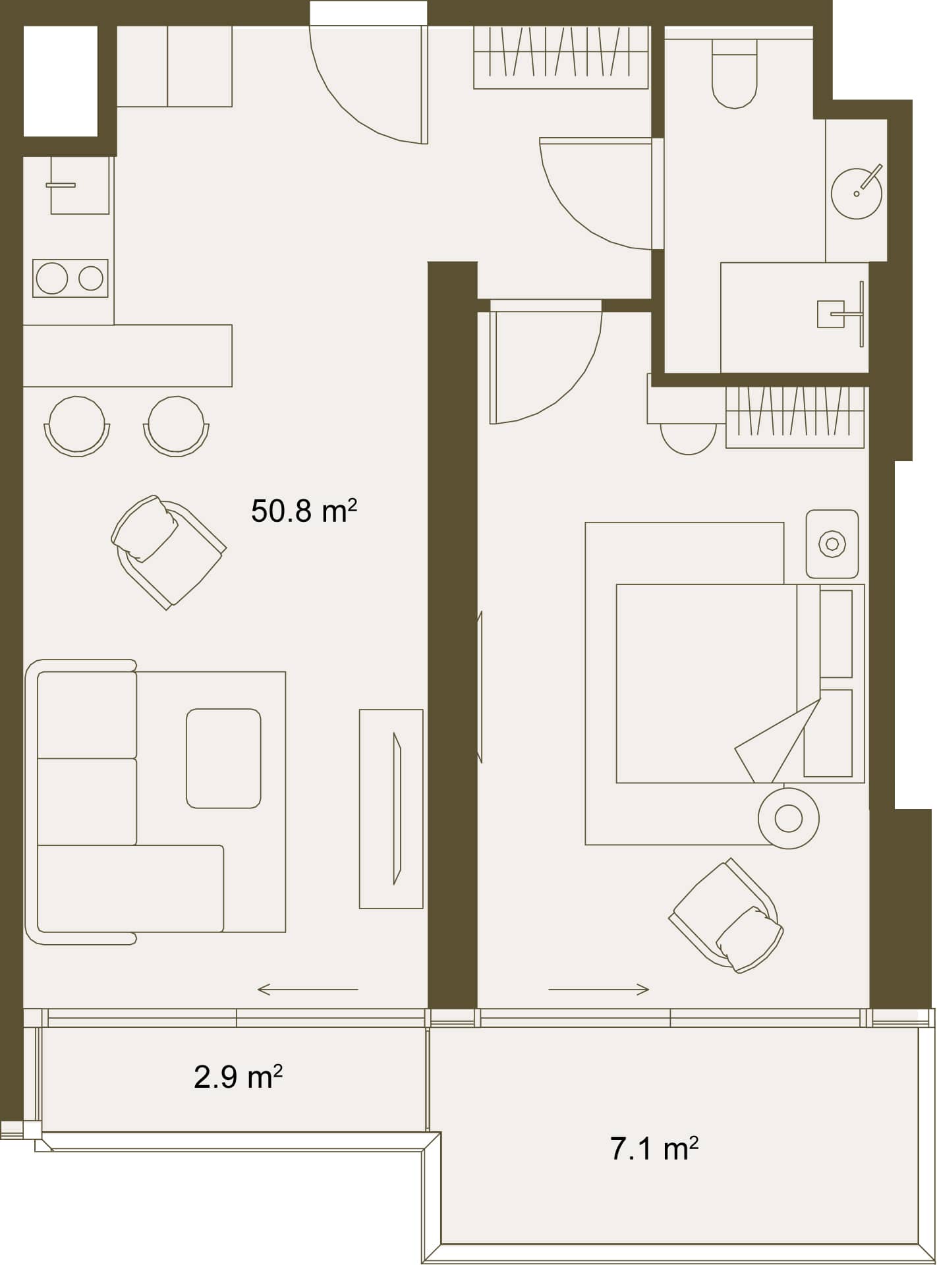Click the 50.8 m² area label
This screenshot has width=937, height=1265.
tap(304, 511)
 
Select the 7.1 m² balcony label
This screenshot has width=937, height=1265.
tap(654, 1148)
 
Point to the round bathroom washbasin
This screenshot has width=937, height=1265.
tap(857, 193)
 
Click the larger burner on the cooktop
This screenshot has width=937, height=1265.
tap(52, 278)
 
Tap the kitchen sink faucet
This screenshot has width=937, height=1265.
tap(61, 185)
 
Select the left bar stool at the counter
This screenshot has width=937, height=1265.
tap(77, 426)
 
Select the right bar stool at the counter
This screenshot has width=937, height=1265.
tap(176, 426)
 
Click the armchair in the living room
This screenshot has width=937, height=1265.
tap(169, 551)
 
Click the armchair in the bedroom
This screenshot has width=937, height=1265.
tap(726, 915)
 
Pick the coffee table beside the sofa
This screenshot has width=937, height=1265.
tap(223, 758)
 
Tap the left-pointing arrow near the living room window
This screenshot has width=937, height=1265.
tap(308, 989)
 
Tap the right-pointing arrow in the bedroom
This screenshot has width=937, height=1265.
tap(599, 989)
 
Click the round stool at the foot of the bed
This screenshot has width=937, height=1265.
tap(789, 818)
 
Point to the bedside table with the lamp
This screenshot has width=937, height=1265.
tap(832, 544)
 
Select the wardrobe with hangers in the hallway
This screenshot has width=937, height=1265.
tap(561, 57)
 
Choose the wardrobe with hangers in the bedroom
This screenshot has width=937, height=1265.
tap(795, 417)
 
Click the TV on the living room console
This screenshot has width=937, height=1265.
tap(397, 808)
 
